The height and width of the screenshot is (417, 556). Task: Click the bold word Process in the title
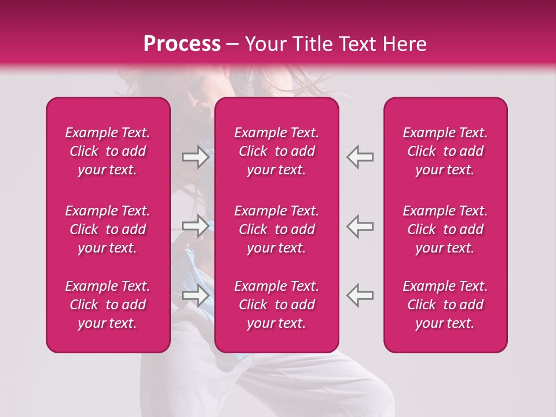[182, 44]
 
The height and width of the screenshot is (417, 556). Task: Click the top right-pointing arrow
[195, 157]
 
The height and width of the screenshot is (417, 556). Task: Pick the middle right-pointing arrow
[195, 226]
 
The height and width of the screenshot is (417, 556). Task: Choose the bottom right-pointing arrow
[195, 295]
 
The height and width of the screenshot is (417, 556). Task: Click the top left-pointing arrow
[360, 157]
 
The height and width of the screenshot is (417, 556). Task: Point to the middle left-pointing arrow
[360, 226]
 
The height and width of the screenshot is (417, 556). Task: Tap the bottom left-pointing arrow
[360, 295]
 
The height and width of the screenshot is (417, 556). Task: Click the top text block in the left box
[108, 151]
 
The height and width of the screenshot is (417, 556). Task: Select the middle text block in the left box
[108, 229]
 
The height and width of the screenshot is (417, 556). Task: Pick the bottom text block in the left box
[108, 305]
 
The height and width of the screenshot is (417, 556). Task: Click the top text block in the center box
[277, 151]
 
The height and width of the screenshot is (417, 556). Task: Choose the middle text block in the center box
[277, 229]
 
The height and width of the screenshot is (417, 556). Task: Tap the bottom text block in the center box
[277, 305]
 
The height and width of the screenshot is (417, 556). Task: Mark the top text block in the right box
[445, 151]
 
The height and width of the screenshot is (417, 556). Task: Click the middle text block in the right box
[445, 229]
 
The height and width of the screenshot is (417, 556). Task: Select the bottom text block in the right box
[445, 305]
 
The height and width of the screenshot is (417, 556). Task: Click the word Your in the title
[264, 44]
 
